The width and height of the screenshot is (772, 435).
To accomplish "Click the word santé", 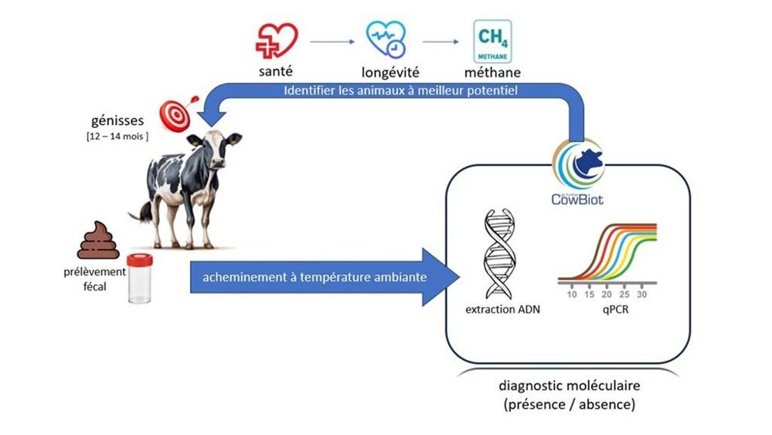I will click(x=276, y=73).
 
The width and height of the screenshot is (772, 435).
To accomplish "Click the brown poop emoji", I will click(x=99, y=241).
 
